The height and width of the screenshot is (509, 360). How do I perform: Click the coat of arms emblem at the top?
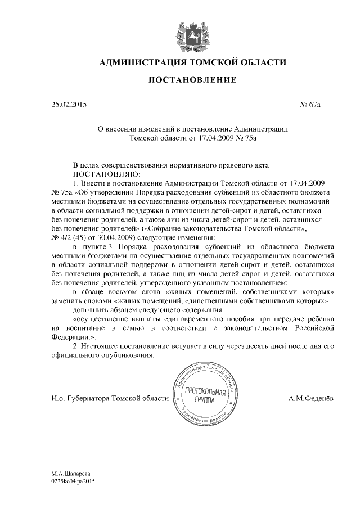coord(192,34)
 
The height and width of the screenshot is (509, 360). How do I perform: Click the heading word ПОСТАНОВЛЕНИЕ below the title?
coord(192,81)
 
